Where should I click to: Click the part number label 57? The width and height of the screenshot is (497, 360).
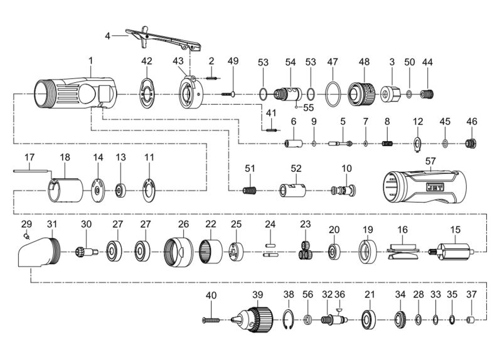430,161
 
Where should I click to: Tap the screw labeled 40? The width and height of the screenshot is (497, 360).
211,320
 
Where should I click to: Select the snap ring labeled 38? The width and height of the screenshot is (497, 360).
288,320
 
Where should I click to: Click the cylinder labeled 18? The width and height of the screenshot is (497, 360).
66,189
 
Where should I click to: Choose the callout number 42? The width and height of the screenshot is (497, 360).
146,61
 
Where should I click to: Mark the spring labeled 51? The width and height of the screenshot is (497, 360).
250,191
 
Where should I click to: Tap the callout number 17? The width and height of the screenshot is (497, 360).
29,156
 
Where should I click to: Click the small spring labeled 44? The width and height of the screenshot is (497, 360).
427,95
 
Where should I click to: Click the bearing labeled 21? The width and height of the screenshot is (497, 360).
369,320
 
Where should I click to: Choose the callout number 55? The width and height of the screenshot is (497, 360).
307,107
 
